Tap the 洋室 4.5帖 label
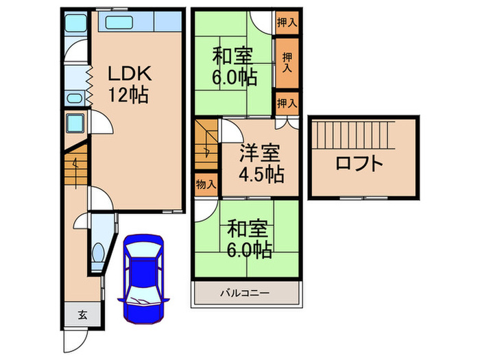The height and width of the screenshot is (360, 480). click(x=261, y=163)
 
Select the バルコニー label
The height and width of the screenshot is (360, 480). click(x=245, y=293)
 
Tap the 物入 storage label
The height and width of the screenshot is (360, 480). click(x=205, y=184)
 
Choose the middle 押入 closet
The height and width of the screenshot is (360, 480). click(x=287, y=62)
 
